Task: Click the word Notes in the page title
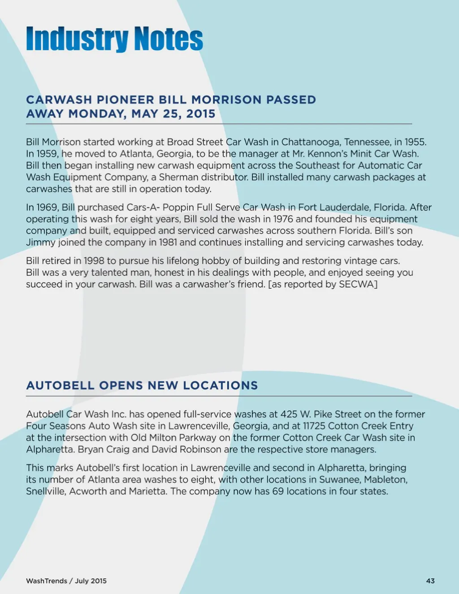[169, 39]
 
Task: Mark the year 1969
[47, 208]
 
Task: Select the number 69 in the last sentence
[278, 491]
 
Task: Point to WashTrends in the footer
[46, 581]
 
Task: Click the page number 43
[430, 581]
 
